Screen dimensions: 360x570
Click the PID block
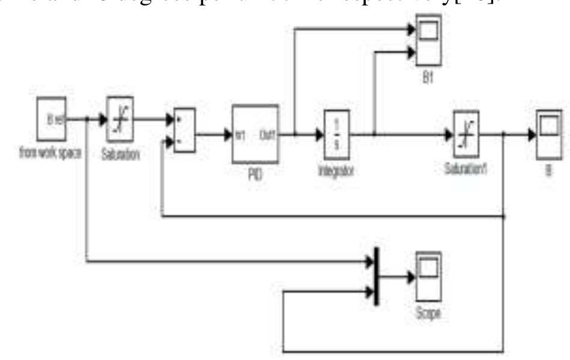pyautogui.click(x=255, y=133)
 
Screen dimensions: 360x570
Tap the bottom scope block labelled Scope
pyautogui.click(x=429, y=276)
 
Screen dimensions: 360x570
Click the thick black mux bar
pyautogui.click(x=377, y=276)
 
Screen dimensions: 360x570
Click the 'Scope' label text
pyautogui.click(x=428, y=314)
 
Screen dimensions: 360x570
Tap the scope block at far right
pyautogui.click(x=549, y=128)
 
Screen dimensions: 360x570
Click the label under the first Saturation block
pyautogui.click(x=121, y=155)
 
